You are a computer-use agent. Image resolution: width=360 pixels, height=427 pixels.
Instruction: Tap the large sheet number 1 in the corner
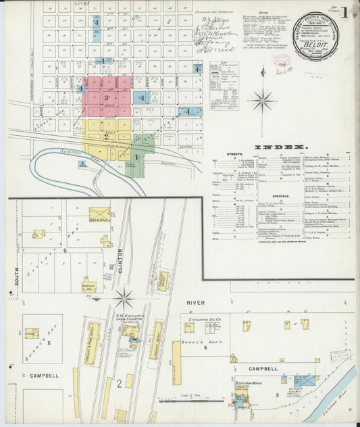coord(344,11)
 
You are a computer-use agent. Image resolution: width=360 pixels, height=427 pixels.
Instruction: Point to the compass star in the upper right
coord(263,101)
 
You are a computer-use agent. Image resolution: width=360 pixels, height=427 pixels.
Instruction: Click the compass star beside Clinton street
coord(124,297)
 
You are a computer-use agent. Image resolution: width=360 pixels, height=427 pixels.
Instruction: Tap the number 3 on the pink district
coord(106,97)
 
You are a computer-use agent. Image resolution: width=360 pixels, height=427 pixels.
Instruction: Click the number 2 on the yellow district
coord(106,136)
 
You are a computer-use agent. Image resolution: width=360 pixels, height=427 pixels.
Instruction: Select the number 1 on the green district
coord(136,157)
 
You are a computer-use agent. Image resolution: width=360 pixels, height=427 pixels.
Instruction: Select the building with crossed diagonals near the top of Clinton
coord(99,215)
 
